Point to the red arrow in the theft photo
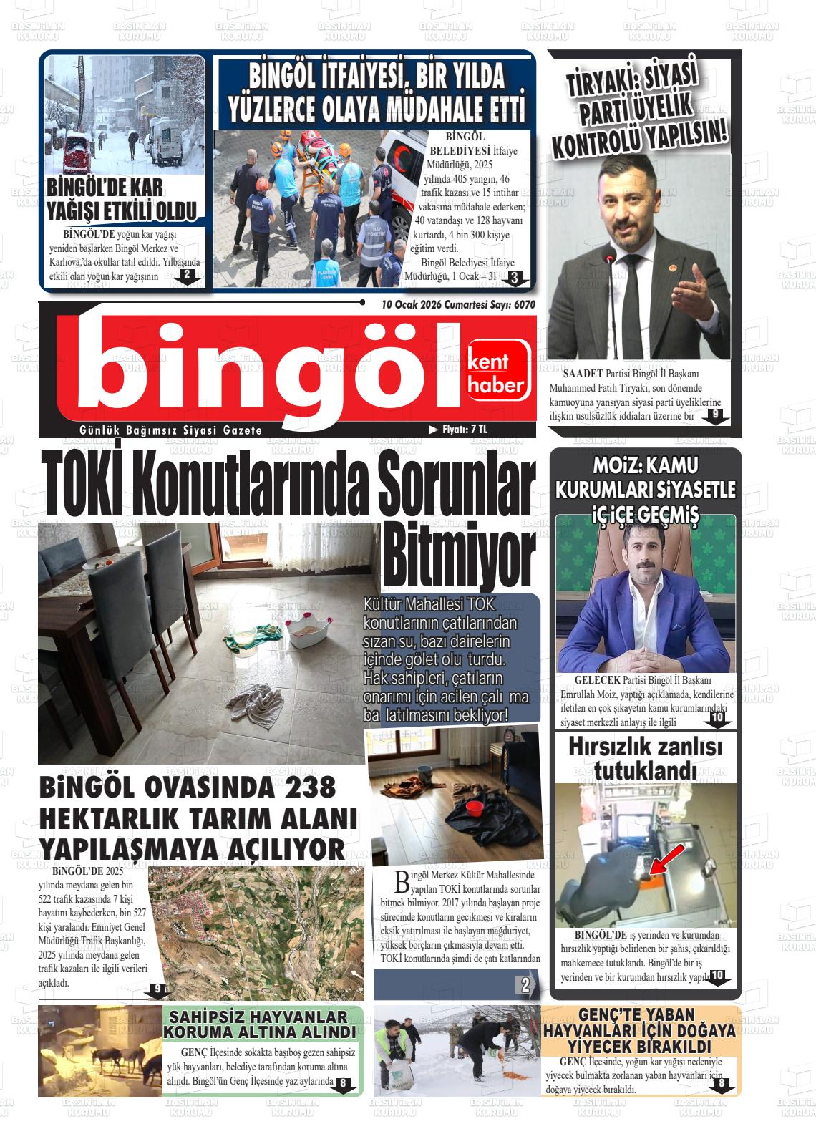click(x=664, y=859)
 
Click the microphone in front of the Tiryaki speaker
click(x=609, y=259)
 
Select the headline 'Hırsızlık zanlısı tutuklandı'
click(x=645, y=759)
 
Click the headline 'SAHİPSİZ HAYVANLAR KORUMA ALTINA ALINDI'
click(x=260, y=1024)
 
